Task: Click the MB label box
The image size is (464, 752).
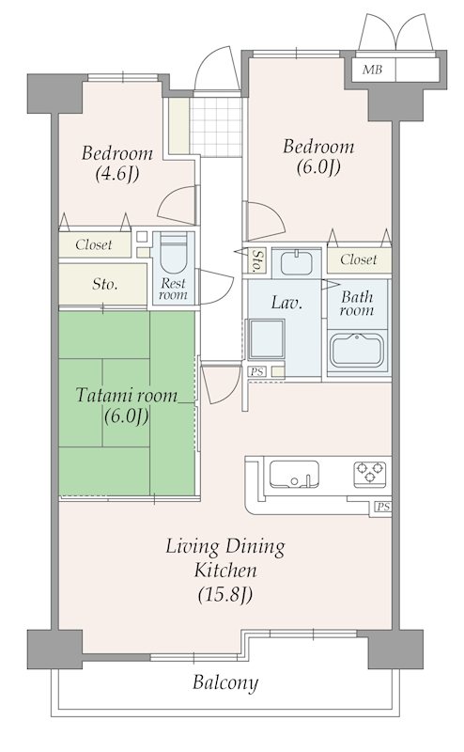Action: [372, 70]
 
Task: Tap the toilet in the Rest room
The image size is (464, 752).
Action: [173, 254]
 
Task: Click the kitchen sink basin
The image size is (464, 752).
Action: [294, 474]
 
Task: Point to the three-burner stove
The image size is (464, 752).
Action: [369, 472]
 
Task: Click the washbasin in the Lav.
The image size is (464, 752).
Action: [296, 262]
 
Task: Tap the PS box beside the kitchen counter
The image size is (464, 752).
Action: [383, 507]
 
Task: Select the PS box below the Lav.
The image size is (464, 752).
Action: [257, 371]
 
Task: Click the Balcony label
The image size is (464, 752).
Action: [225, 682]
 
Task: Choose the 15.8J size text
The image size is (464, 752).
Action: [224, 595]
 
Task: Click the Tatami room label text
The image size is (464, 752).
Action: [127, 396]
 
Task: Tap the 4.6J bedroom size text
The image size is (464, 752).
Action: [117, 174]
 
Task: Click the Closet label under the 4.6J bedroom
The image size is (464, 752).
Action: [94, 244]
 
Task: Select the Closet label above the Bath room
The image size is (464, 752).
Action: [359, 259]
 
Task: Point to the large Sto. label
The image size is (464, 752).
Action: [105, 285]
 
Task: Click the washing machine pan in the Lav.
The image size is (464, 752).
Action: [266, 339]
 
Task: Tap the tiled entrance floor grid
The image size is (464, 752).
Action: [216, 126]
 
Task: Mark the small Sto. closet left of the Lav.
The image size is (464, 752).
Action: [257, 261]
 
